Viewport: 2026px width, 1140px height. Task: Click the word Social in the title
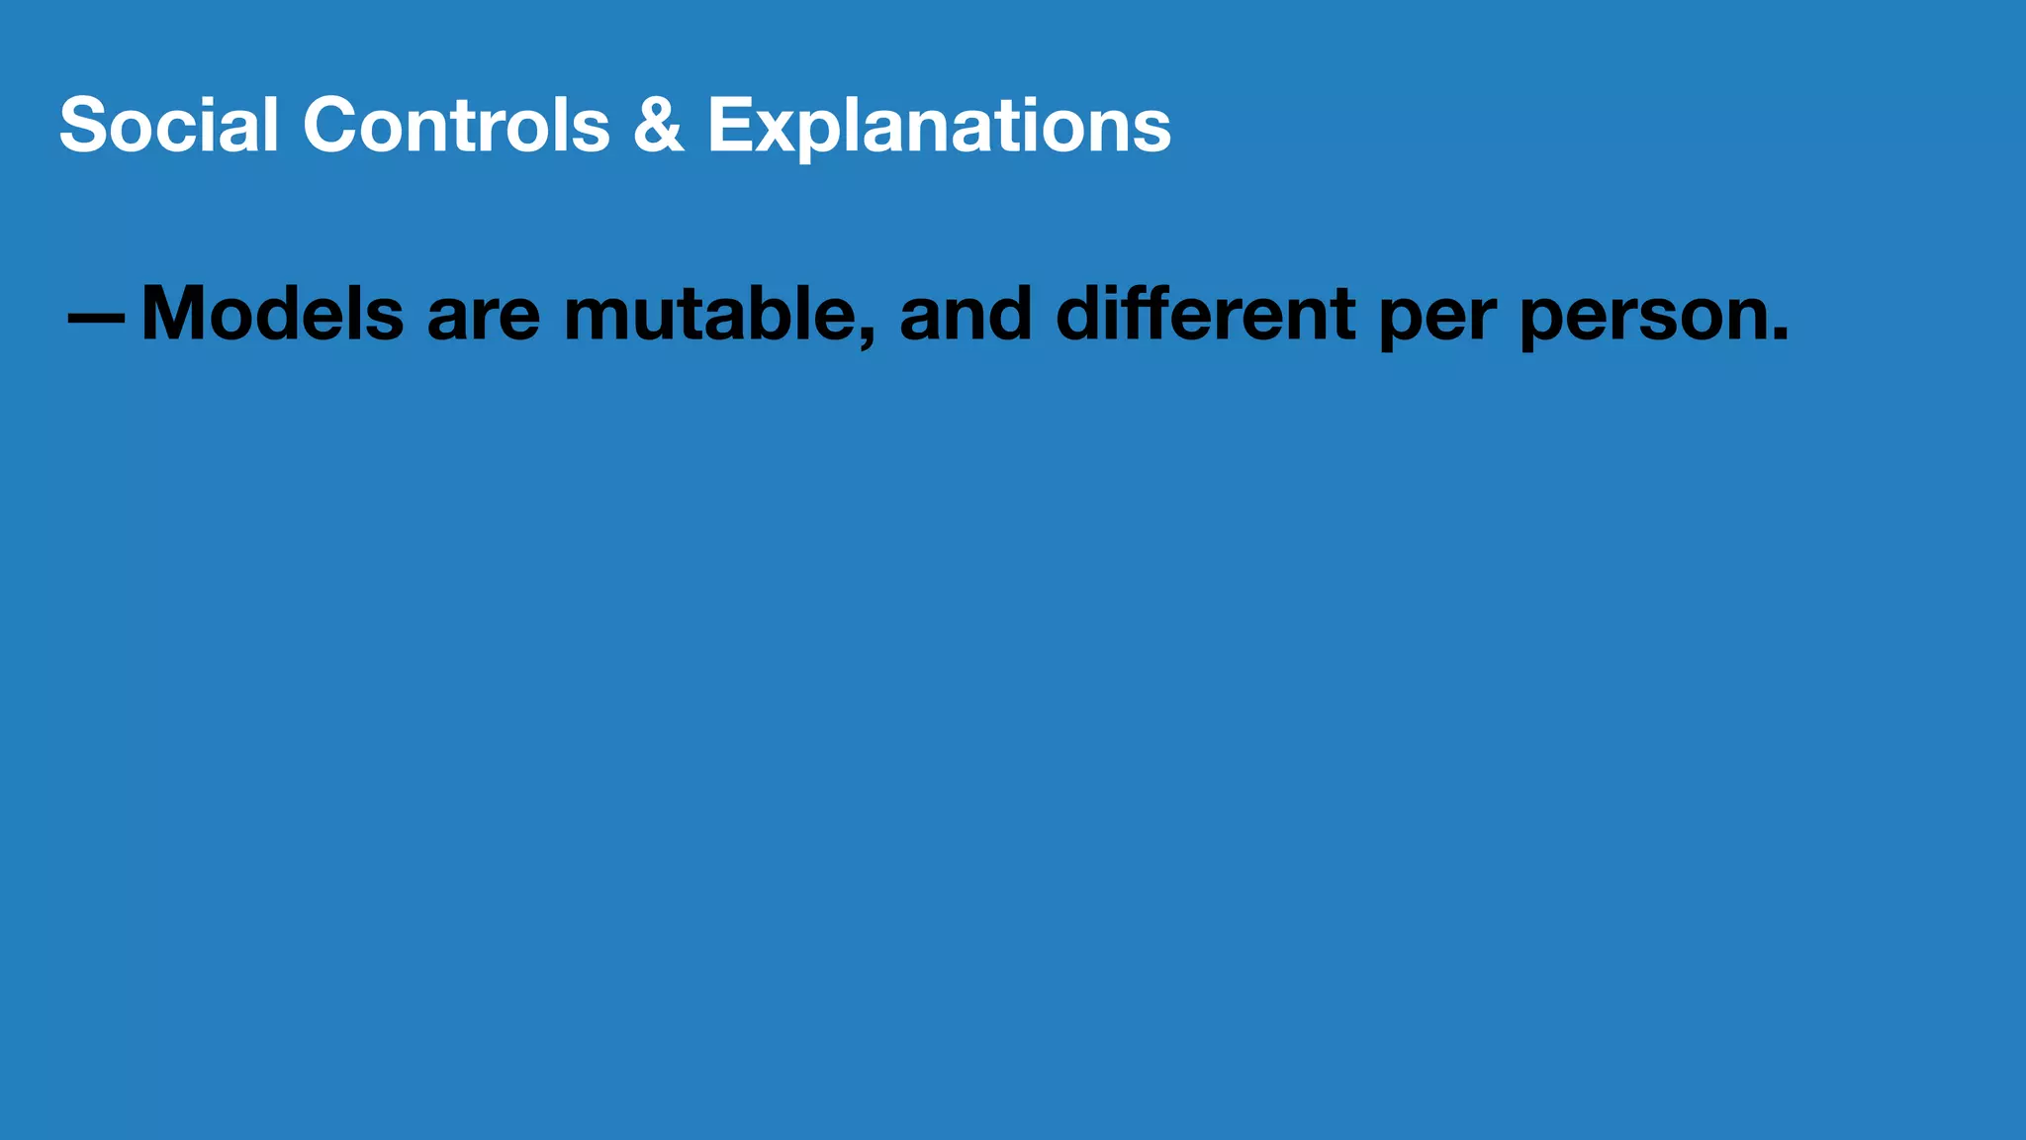click(x=168, y=126)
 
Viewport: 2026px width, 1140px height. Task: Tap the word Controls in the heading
click(x=456, y=126)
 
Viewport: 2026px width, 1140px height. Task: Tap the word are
click(x=484, y=319)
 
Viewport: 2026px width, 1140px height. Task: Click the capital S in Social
click(x=83, y=126)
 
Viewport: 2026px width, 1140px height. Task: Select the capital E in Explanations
click(x=729, y=126)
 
